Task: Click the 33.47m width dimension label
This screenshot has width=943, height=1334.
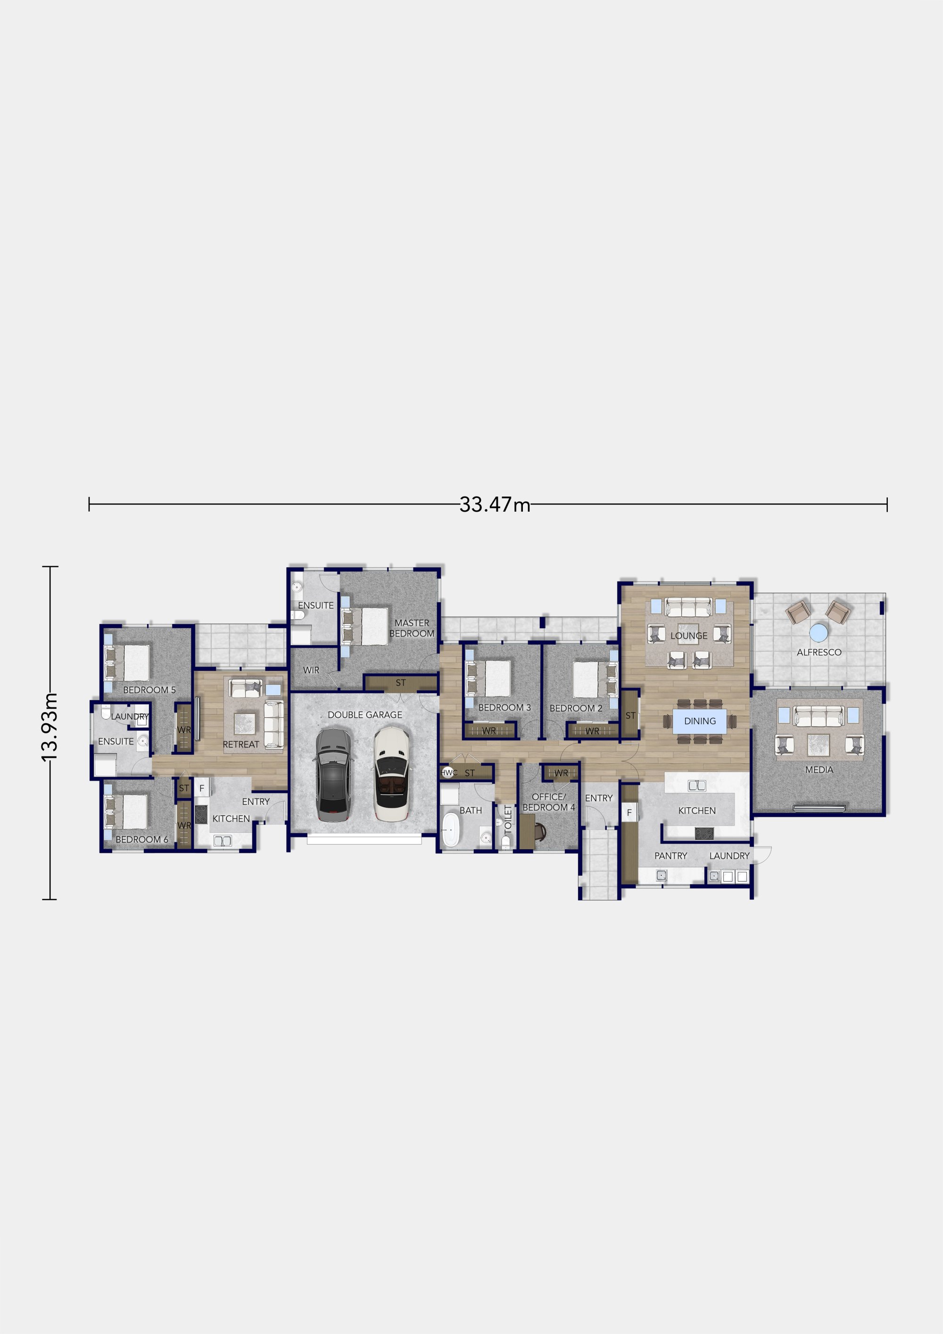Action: [495, 505]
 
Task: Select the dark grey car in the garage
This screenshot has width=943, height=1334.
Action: [333, 775]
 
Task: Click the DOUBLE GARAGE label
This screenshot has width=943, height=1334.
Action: [364, 715]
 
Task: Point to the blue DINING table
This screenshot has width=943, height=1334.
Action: [700, 721]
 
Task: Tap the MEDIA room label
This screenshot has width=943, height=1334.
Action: [819, 770]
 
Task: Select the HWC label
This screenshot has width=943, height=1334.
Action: [448, 773]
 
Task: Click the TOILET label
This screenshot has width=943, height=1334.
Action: [508, 819]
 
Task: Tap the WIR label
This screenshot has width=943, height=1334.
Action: [311, 670]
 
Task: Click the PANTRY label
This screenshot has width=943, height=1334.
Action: [670, 856]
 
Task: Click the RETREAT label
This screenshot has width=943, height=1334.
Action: [240, 744]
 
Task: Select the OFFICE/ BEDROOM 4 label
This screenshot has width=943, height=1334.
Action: [548, 802]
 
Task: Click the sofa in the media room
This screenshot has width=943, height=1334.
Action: [819, 716]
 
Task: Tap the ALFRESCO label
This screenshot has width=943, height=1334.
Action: [819, 653]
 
